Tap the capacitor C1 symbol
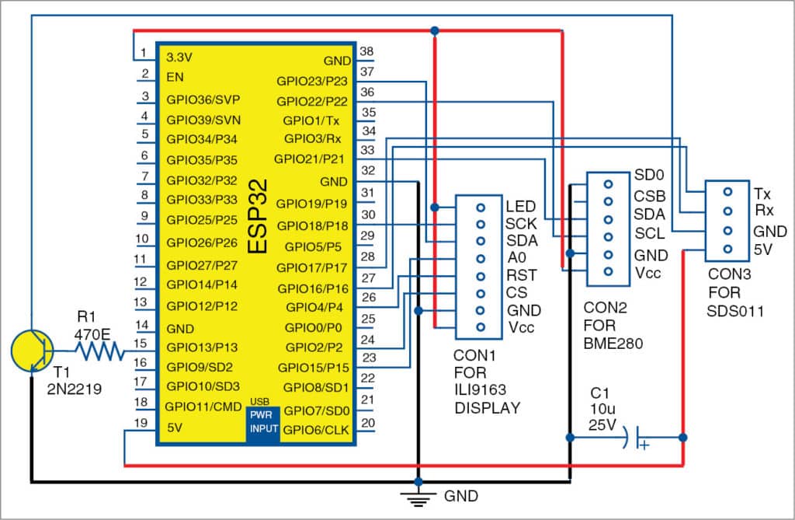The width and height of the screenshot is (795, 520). click(638, 438)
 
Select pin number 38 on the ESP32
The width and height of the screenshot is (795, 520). click(367, 53)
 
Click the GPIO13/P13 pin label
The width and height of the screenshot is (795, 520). click(202, 347)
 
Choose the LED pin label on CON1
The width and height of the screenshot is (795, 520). click(520, 208)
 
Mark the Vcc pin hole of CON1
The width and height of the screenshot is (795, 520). click(481, 326)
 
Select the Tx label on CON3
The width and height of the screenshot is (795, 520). click(762, 192)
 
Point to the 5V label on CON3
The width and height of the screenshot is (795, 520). click(762, 250)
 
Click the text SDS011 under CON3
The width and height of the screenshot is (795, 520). click(730, 311)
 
